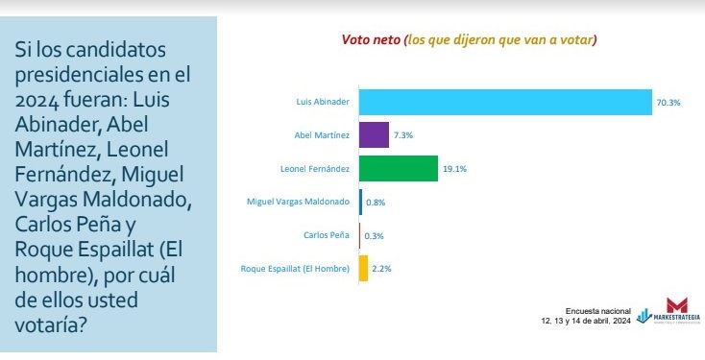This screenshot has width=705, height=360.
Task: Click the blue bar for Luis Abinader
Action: (505, 101)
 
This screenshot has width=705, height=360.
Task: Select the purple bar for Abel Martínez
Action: (374, 134)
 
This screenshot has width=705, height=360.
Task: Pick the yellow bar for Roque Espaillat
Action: (363, 269)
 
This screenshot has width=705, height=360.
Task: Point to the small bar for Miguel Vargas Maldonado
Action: (361, 202)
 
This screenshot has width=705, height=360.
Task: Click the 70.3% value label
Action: (669, 102)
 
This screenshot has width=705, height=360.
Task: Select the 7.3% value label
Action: (404, 135)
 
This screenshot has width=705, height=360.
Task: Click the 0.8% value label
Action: (376, 203)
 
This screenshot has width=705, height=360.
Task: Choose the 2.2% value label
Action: (381, 270)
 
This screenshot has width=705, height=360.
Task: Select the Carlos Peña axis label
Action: (328, 236)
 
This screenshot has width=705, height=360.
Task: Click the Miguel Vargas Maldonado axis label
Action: (298, 203)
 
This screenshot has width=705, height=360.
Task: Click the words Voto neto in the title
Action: (371, 40)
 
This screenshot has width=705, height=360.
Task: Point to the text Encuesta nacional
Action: (596, 311)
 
